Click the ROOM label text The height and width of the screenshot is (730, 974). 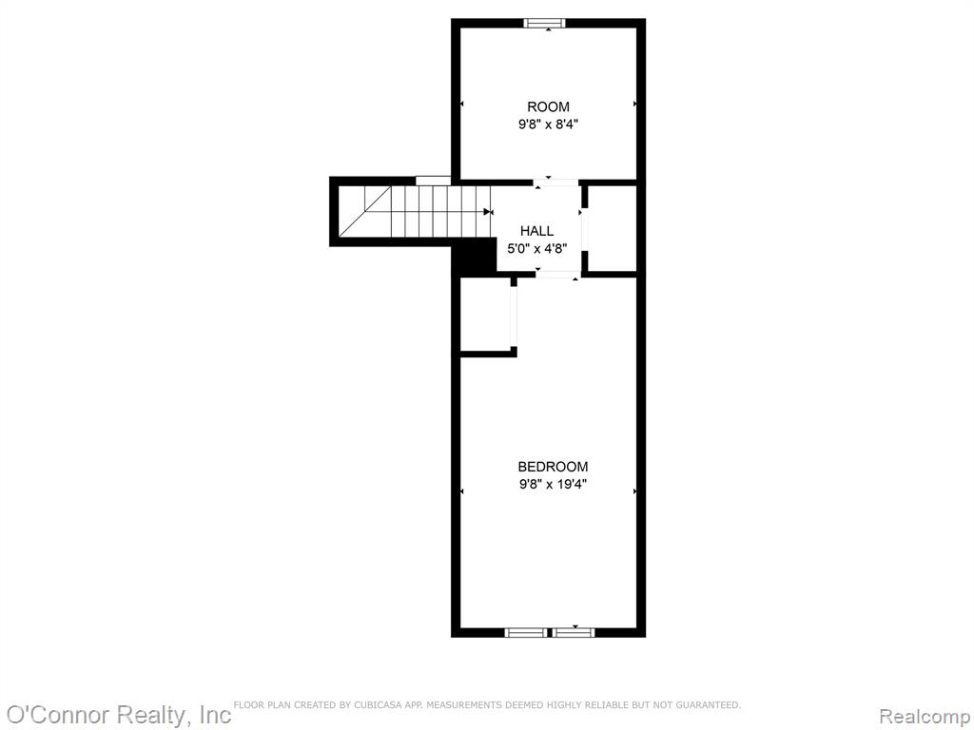[x=548, y=106]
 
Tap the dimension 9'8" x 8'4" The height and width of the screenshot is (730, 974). [x=549, y=125]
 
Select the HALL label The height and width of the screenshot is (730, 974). [x=536, y=231]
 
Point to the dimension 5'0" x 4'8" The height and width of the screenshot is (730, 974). [x=536, y=249]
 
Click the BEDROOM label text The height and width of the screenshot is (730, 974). [x=553, y=466]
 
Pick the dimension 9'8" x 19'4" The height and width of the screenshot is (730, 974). [x=553, y=484]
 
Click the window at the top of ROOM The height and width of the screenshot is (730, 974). [x=544, y=24]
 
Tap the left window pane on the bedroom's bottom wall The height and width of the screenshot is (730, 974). [x=526, y=632]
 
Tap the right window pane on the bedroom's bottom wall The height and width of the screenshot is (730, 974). [x=574, y=632]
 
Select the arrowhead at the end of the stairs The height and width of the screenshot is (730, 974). [x=487, y=212]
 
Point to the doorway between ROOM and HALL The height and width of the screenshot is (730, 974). [x=555, y=182]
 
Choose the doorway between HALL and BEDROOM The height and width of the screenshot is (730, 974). [x=557, y=274]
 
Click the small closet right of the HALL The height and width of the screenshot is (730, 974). [x=612, y=228]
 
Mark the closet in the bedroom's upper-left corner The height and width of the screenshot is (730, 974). [x=485, y=314]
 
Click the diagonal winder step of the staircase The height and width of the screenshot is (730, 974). [x=365, y=212]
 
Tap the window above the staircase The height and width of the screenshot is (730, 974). [x=433, y=181]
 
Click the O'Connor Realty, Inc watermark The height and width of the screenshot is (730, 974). [x=118, y=715]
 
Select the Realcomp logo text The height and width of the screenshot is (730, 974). [x=925, y=717]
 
